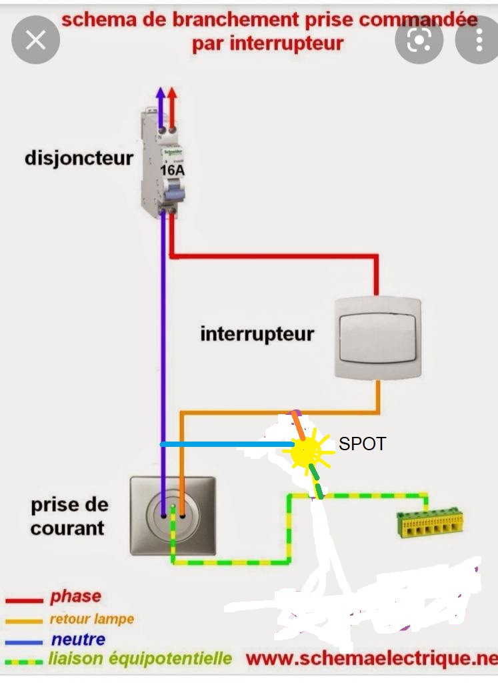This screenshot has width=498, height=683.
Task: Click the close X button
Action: pos(35,40)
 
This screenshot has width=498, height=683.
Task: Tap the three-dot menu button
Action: pos(479,40)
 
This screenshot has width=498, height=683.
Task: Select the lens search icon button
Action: pos(419,40)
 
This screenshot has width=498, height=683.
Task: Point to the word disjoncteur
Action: pos(79,159)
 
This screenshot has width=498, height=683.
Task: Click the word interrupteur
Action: pos(257,333)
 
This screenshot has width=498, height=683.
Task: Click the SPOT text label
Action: pos(362,444)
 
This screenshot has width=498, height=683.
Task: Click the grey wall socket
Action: pos(173,515)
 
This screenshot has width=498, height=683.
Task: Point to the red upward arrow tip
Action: pos(173,93)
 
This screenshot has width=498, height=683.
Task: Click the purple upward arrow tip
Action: pos(160,93)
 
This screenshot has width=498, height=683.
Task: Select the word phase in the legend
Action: pos(75,596)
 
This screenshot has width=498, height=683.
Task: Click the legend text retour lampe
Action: pos(91,619)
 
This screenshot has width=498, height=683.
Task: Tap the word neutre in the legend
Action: pos(78,640)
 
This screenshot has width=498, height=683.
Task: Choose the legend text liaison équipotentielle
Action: pos(140,659)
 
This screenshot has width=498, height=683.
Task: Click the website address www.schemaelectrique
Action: pos(371,659)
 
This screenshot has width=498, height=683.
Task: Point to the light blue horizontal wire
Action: pos(227,444)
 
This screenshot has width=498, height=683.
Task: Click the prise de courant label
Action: pos(68,516)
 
